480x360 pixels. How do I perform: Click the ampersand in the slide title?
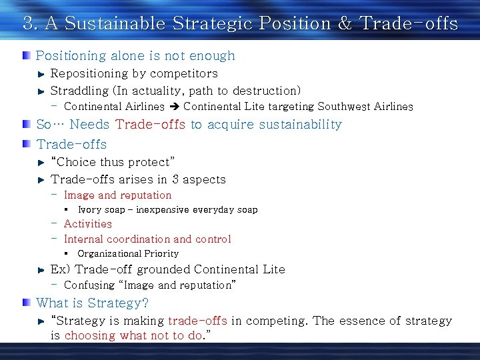(x=345, y=24)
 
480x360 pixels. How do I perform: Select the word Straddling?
(x=79, y=91)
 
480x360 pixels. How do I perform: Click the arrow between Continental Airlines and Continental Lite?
(x=174, y=107)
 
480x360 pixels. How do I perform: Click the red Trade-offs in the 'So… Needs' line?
(x=150, y=125)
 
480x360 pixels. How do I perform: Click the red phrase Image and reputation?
(x=117, y=195)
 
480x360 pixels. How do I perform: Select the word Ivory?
(x=89, y=210)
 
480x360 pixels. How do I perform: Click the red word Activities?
(x=87, y=224)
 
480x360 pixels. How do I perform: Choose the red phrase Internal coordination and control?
(x=147, y=239)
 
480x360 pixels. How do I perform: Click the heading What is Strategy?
(x=93, y=303)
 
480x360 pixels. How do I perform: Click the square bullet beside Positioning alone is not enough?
(x=26, y=55)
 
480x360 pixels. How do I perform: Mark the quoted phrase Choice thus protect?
(x=113, y=162)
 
